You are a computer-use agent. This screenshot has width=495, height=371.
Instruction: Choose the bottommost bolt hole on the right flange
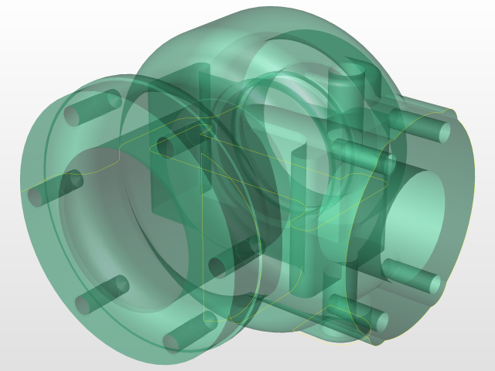[x=379, y=321]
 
